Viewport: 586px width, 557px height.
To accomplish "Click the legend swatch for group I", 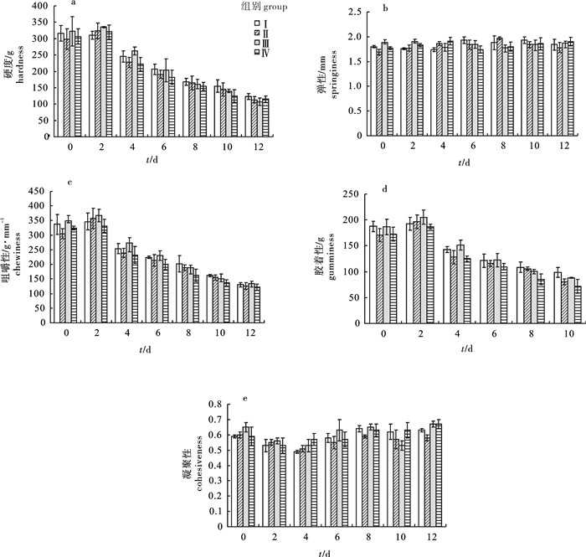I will pos(247,20).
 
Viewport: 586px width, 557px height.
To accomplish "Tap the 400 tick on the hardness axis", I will pos(37,6).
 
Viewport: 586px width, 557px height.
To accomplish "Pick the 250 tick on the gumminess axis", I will pos(354,195).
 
